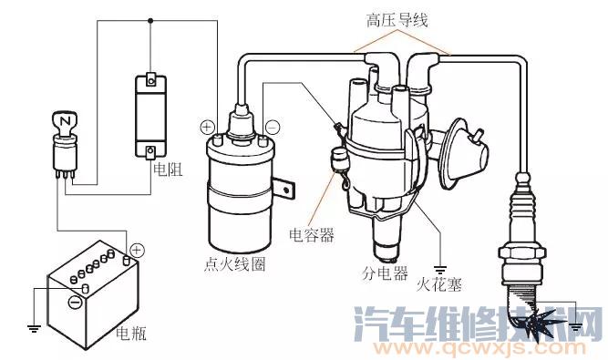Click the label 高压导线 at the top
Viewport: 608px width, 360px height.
click(x=397, y=20)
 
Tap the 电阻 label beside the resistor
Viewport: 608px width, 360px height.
click(x=168, y=169)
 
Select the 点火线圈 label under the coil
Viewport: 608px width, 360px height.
click(x=235, y=264)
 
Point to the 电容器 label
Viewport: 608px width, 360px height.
click(x=312, y=235)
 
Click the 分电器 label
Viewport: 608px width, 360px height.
click(x=385, y=273)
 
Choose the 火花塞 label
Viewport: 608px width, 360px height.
click(x=439, y=285)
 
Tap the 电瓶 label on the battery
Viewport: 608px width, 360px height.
click(x=131, y=333)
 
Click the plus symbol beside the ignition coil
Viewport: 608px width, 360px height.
click(x=208, y=127)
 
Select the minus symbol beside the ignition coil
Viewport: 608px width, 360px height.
click(x=273, y=128)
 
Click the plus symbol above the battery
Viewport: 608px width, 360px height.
click(x=137, y=251)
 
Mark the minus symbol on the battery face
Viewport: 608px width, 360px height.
click(x=75, y=302)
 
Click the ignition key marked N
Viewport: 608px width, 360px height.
click(x=65, y=123)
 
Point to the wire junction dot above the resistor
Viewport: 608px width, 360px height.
click(x=150, y=21)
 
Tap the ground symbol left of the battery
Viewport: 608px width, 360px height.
click(x=34, y=329)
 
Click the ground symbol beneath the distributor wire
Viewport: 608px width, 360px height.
click(x=439, y=270)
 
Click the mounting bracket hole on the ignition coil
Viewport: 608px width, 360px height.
click(x=286, y=190)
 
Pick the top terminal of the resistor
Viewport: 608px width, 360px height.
click(x=150, y=80)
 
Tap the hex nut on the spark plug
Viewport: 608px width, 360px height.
click(x=521, y=252)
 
